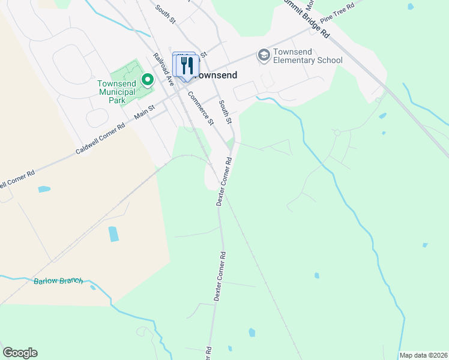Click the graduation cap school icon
coord(263,56)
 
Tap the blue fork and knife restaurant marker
coord(187,65)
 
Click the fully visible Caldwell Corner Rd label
coord(100,139)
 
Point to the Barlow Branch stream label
coord(58,281)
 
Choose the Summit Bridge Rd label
coord(309,18)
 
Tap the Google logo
coord(20,353)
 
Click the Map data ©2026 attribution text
coord(423,355)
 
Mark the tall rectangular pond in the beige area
coord(113,233)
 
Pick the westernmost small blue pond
coord(44,190)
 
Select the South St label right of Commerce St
coord(225,112)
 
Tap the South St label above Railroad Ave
coord(164,14)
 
